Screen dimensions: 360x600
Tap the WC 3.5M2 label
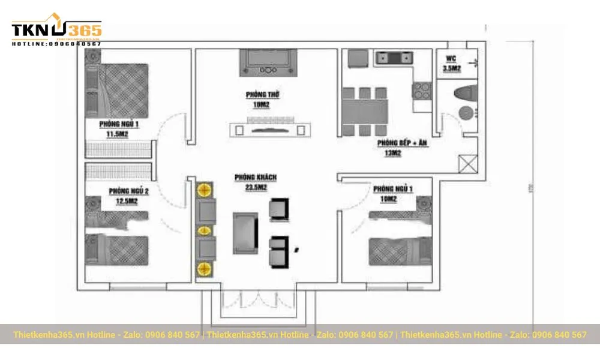click(451, 63)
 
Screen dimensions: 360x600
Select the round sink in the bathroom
click(464, 113)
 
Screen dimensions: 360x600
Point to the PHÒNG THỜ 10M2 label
click(262, 99)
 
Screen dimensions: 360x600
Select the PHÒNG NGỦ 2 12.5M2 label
click(128, 196)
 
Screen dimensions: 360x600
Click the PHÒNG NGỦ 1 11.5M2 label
click(119, 130)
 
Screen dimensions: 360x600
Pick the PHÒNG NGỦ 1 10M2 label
click(393, 194)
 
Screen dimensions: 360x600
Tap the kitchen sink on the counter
click(394, 58)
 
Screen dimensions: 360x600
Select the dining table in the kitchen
click(365, 112)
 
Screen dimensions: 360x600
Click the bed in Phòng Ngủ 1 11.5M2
click(123, 90)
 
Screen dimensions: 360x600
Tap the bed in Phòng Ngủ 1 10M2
click(399, 251)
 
